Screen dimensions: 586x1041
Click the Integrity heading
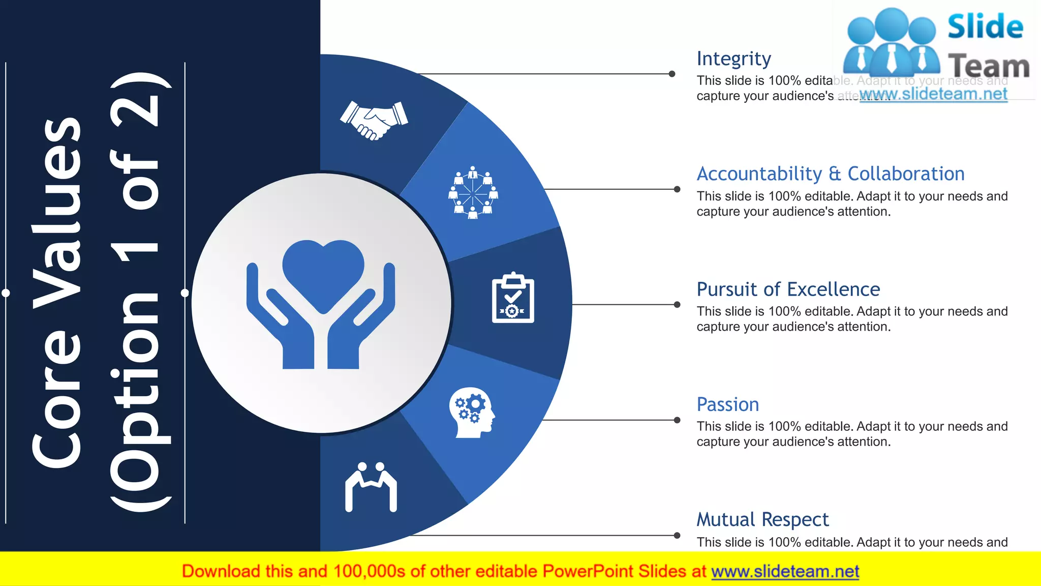733,59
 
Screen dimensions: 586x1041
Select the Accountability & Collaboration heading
830,174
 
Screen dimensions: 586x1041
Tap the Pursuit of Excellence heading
788,289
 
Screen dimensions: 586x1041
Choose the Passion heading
727,405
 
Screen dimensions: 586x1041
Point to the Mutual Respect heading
762,520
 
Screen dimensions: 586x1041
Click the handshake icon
374,120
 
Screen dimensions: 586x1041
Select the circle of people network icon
473,193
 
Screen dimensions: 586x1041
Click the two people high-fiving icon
371,486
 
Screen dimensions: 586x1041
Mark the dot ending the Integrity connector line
672,74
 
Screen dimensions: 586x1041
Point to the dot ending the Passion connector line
677,420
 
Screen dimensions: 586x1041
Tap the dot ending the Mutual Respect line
677,535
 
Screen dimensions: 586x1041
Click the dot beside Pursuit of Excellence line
677,305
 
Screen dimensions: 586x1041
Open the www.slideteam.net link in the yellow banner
785,572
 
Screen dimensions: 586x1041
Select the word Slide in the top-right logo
985,27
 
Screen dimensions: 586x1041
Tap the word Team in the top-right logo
989,66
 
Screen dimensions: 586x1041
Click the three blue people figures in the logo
891,43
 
